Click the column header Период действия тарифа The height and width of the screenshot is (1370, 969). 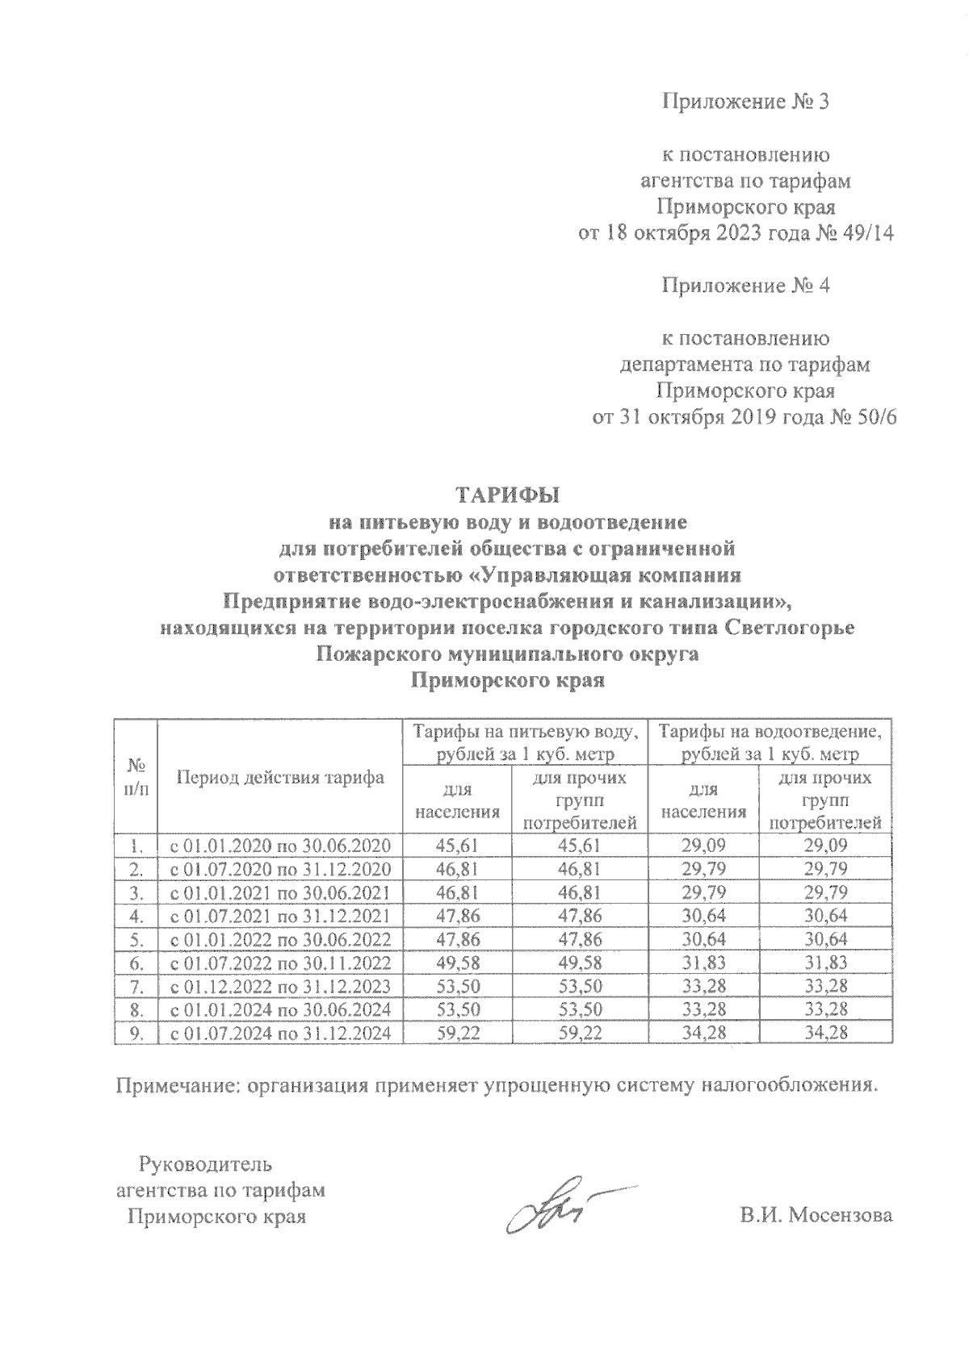(280, 779)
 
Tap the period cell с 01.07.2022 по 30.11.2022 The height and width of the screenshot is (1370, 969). (279, 963)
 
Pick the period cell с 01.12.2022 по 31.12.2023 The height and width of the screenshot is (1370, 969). (279, 986)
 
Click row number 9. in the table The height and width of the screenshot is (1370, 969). (136, 1033)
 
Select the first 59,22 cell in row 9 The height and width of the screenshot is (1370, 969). (456, 1033)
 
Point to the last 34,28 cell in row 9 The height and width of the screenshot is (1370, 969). (824, 1033)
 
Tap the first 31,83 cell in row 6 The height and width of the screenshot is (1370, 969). (703, 963)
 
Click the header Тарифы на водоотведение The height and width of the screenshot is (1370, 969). (770, 732)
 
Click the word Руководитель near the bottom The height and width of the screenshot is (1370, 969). (205, 1164)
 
